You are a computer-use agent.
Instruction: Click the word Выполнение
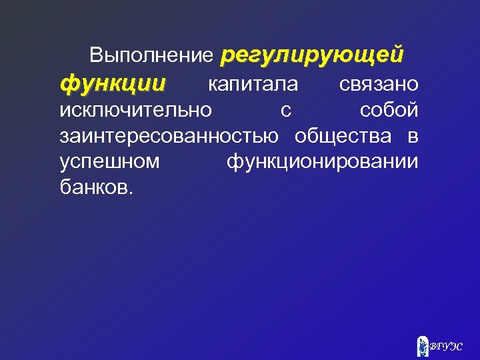(151, 56)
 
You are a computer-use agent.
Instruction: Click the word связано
(378, 84)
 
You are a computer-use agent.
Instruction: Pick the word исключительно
(135, 109)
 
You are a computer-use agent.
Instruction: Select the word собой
(389, 109)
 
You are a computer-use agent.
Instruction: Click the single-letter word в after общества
(413, 137)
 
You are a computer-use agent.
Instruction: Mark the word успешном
(109, 162)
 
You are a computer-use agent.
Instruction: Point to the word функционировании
(323, 162)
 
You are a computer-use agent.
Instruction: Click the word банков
(94, 187)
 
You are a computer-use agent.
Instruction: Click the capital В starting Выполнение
(96, 56)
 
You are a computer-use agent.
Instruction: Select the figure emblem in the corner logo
(422, 346)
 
